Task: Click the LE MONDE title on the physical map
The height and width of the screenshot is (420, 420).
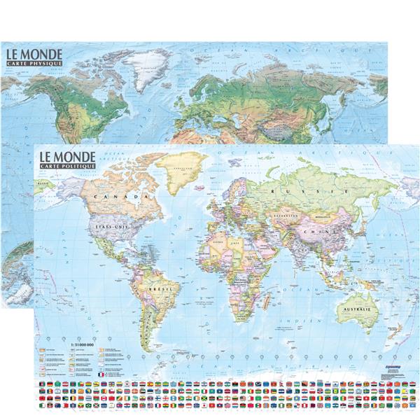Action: click(x=34, y=54)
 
